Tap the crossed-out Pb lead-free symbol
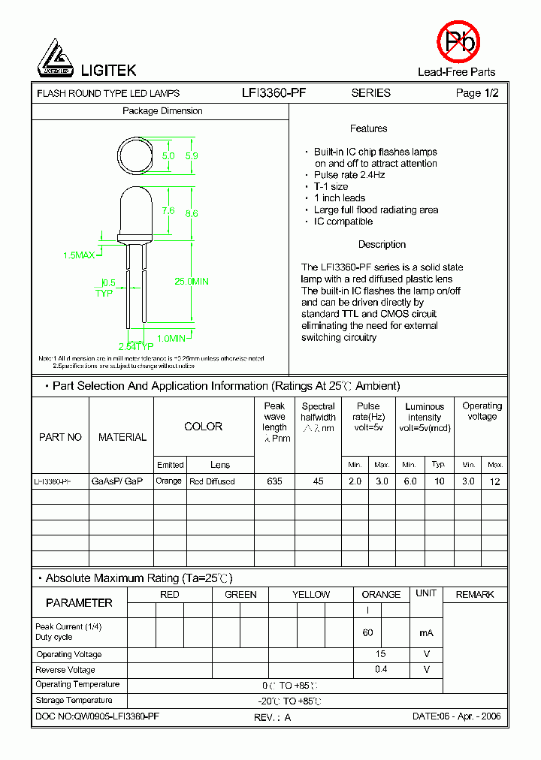(x=458, y=41)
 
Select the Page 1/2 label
(x=477, y=93)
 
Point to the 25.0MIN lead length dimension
(x=192, y=282)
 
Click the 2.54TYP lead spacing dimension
(x=136, y=346)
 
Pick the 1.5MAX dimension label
(x=79, y=255)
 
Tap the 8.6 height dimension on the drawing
(x=192, y=213)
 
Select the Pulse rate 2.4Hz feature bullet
(x=349, y=175)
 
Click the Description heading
(x=382, y=245)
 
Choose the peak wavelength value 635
(x=274, y=481)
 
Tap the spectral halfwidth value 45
(x=318, y=481)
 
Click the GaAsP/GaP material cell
(x=116, y=481)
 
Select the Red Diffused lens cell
(x=212, y=481)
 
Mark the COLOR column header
(x=203, y=427)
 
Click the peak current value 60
(x=367, y=633)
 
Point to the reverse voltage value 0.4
(x=381, y=669)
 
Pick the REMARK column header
(x=475, y=595)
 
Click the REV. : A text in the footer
(x=272, y=717)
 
